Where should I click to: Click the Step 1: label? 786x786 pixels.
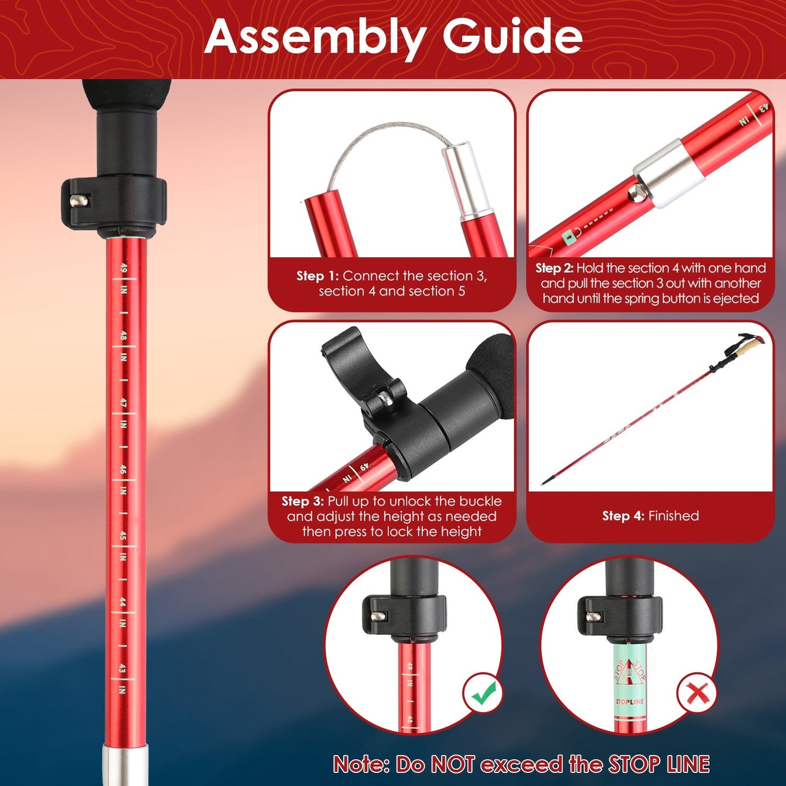point(317,276)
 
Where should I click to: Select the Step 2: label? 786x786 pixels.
point(554,268)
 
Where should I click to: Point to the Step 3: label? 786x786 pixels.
point(302,501)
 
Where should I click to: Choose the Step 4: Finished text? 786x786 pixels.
point(650,516)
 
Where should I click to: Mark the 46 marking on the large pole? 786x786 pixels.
point(123,469)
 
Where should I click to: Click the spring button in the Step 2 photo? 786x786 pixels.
point(635,192)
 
